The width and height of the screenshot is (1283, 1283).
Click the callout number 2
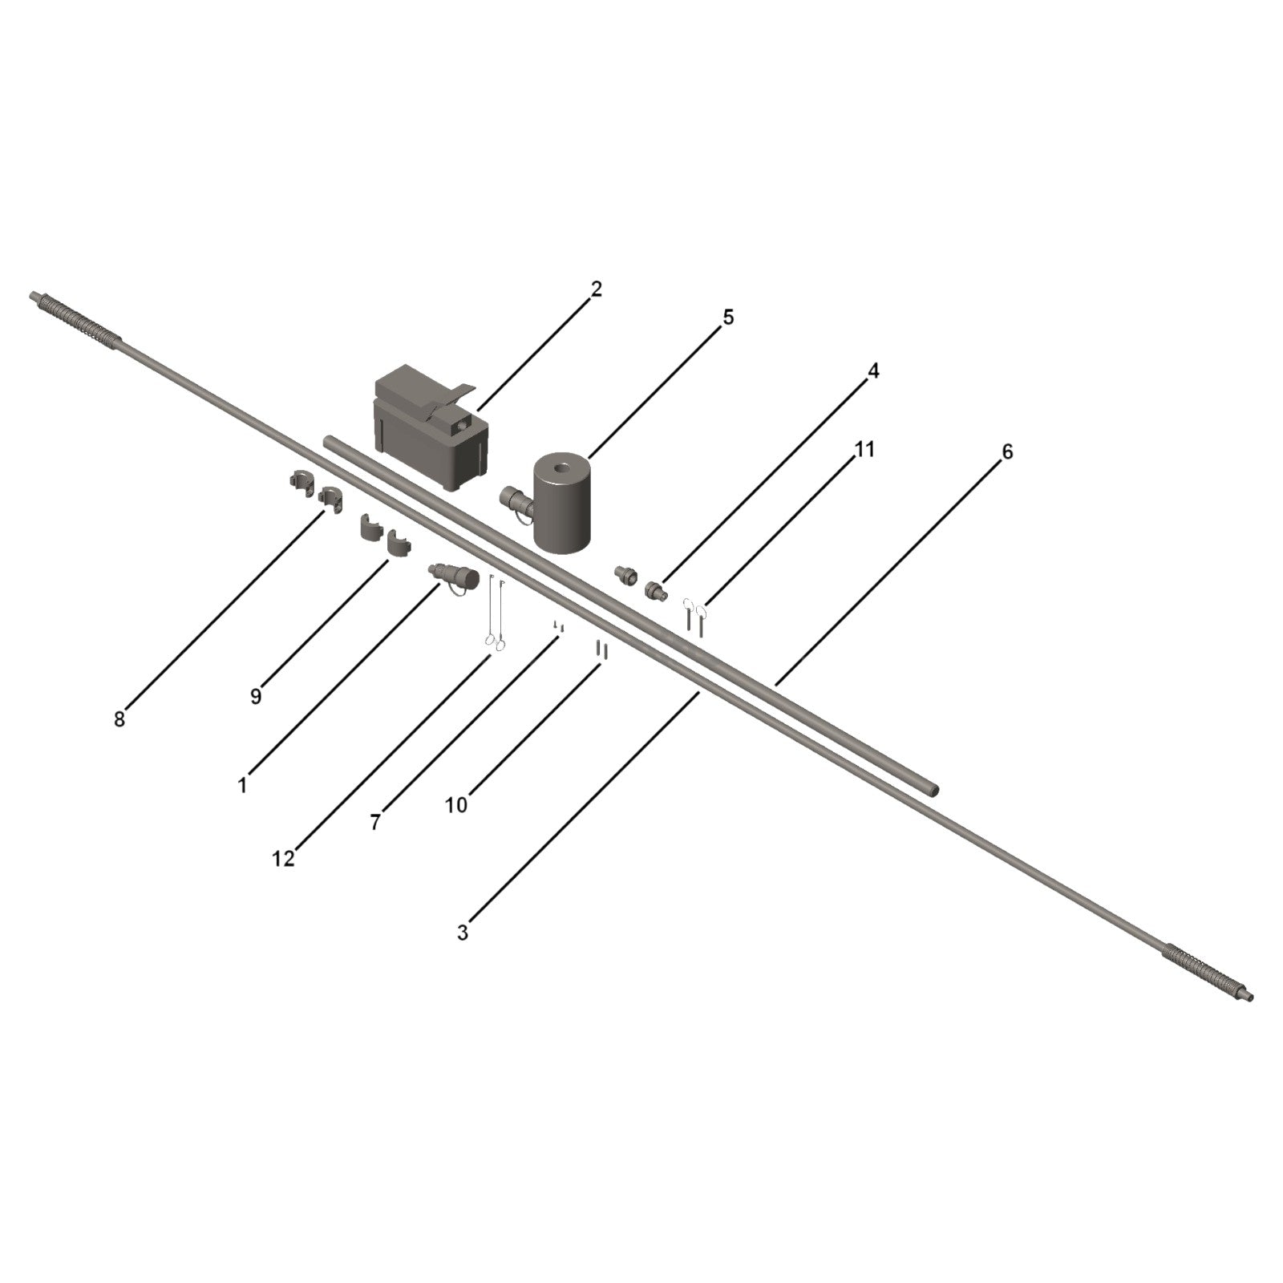pos(596,289)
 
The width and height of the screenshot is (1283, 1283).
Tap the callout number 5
pos(728,318)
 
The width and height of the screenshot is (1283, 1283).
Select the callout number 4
pos(873,371)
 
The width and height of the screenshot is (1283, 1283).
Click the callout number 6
pos(1007,452)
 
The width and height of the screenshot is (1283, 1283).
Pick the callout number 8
pos(119,719)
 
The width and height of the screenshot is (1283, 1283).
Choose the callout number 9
pos(256,696)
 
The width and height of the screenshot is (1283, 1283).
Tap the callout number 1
pos(242,785)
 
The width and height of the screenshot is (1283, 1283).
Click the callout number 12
pos(283,859)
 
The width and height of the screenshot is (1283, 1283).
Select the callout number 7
pos(375,823)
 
